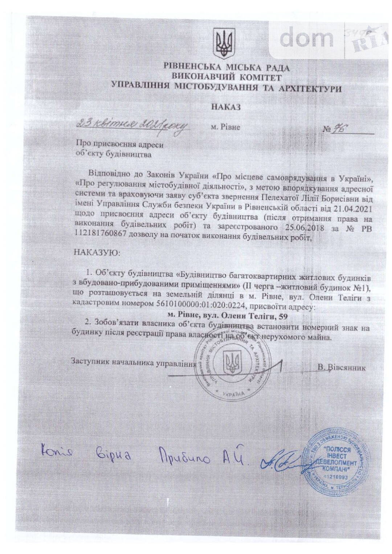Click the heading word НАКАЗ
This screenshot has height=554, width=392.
(x=226, y=107)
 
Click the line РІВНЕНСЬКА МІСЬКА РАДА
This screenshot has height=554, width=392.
(x=226, y=67)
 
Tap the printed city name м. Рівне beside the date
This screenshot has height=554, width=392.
(x=225, y=128)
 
